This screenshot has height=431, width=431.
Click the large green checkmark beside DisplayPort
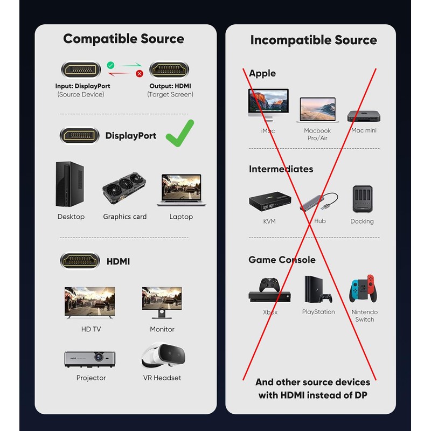click(x=180, y=134)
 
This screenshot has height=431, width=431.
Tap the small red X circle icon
click(x=139, y=73)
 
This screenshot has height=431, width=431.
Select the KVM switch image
click(x=269, y=201)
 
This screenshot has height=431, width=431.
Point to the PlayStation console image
click(x=317, y=290)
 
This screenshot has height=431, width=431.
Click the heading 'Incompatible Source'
click(x=314, y=40)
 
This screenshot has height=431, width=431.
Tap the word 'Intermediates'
click(x=281, y=169)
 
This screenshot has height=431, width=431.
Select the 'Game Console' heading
click(x=282, y=260)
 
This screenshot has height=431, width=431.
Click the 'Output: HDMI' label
click(x=170, y=86)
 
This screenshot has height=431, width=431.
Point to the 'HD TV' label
click(x=91, y=329)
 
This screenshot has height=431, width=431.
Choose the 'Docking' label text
click(x=362, y=221)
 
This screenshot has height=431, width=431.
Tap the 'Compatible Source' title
click(x=123, y=39)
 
